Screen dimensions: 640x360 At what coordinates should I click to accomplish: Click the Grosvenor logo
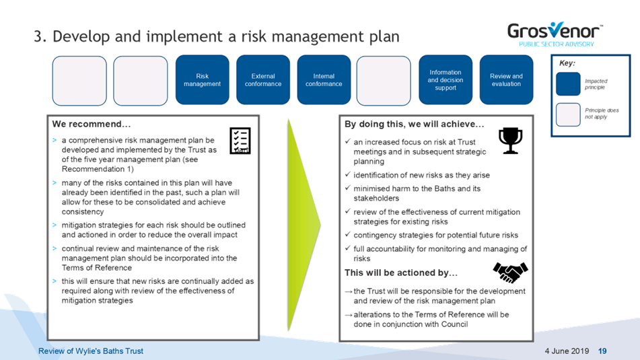[555, 34]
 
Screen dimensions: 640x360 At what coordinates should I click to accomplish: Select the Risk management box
[202, 80]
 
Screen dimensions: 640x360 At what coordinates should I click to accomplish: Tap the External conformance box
[263, 80]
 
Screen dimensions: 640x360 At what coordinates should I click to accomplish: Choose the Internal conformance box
[324, 80]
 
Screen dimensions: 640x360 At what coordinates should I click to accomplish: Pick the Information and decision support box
[446, 80]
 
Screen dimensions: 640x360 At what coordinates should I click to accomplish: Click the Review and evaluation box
[506, 80]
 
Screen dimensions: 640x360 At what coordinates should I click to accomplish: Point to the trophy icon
[510, 141]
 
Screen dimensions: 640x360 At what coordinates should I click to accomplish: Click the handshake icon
[510, 273]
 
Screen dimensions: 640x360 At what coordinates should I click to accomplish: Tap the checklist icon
[240, 141]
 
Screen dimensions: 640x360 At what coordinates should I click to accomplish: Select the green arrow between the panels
[303, 224]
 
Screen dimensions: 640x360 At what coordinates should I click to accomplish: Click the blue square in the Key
[568, 83]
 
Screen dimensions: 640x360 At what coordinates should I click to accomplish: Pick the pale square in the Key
[568, 114]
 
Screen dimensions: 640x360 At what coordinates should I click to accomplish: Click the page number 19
[602, 351]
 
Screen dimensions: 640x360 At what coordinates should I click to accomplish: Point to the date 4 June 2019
[567, 351]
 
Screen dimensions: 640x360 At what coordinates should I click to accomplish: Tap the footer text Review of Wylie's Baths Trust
[91, 351]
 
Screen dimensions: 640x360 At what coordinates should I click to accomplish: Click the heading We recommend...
[92, 124]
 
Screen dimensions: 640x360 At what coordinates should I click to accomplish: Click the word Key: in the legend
[567, 63]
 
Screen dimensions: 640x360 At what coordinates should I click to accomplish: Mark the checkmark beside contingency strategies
[348, 234]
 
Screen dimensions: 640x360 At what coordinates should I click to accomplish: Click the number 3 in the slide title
[38, 36]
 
